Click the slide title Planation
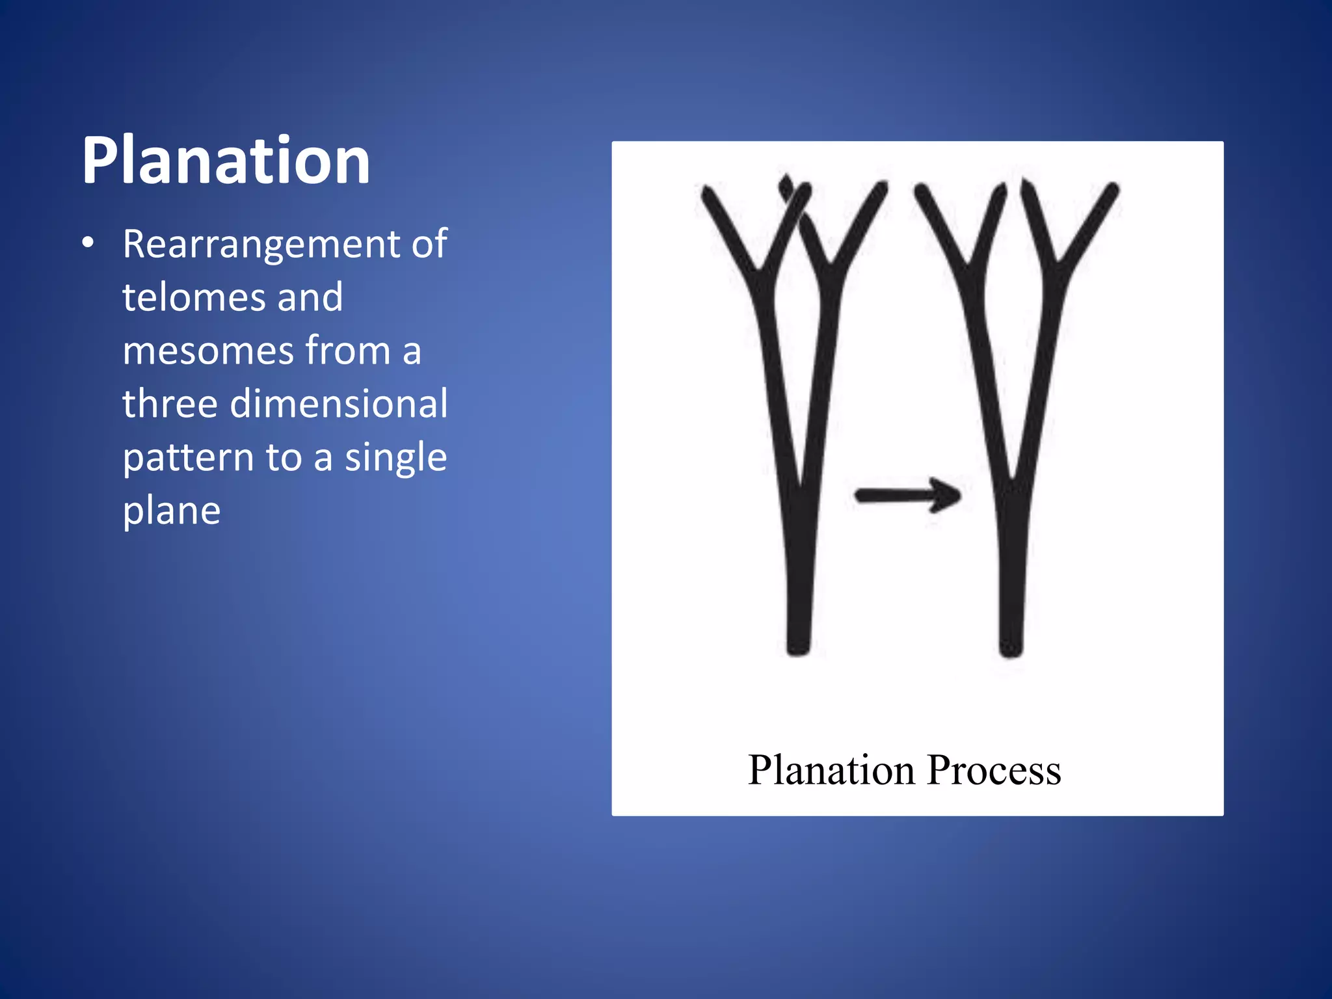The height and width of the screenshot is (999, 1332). coord(226,161)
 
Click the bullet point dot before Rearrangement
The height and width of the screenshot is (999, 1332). coord(88,244)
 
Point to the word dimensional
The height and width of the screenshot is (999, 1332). coord(339,404)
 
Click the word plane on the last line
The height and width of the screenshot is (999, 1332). coord(172,511)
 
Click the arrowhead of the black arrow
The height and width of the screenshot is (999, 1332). coord(947,496)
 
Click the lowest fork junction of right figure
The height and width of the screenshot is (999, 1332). coord(1012,485)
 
